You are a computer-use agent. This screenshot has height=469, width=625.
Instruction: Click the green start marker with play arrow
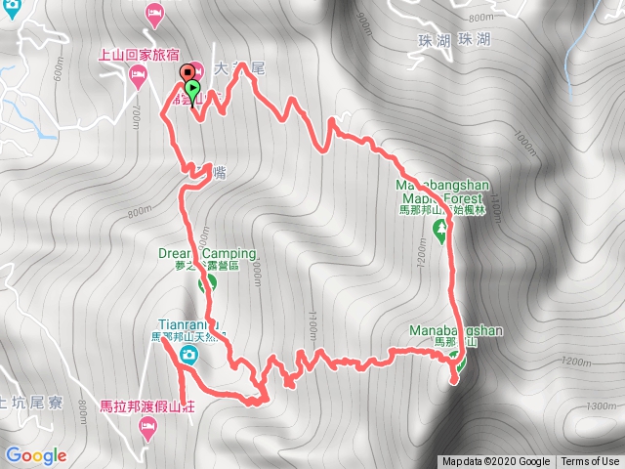(x=192, y=91)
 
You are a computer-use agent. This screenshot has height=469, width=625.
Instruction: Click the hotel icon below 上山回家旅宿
(x=139, y=74)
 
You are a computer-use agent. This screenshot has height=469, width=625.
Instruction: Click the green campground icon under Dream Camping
(x=206, y=284)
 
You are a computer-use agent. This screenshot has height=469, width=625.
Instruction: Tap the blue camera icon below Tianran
(x=189, y=357)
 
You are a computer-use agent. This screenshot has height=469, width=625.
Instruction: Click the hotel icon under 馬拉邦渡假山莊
(x=147, y=425)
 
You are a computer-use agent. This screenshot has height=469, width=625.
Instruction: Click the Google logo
(x=35, y=455)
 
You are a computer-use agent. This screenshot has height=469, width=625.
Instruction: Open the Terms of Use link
(x=590, y=462)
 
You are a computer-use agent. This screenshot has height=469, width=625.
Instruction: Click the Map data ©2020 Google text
(x=495, y=462)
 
